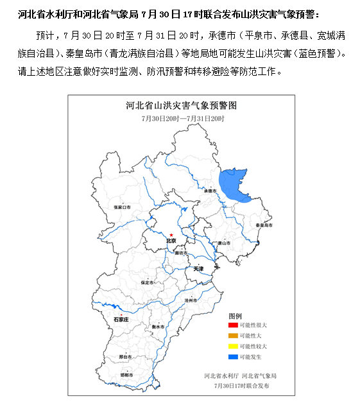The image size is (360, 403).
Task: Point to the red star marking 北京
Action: tap(171, 235)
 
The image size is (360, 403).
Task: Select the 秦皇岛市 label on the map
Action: tap(264, 226)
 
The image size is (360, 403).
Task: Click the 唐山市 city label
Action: tap(223, 243)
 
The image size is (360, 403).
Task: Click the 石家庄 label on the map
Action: tap(122, 318)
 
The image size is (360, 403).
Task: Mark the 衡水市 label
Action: tap(158, 327)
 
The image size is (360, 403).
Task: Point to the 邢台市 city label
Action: tap(126, 356)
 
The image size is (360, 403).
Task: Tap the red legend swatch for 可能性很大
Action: tap(232, 325)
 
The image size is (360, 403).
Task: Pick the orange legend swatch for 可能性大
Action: tap(232, 336)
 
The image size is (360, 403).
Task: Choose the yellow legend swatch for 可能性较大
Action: tap(232, 346)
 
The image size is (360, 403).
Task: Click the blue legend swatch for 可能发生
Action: tap(232, 356)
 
